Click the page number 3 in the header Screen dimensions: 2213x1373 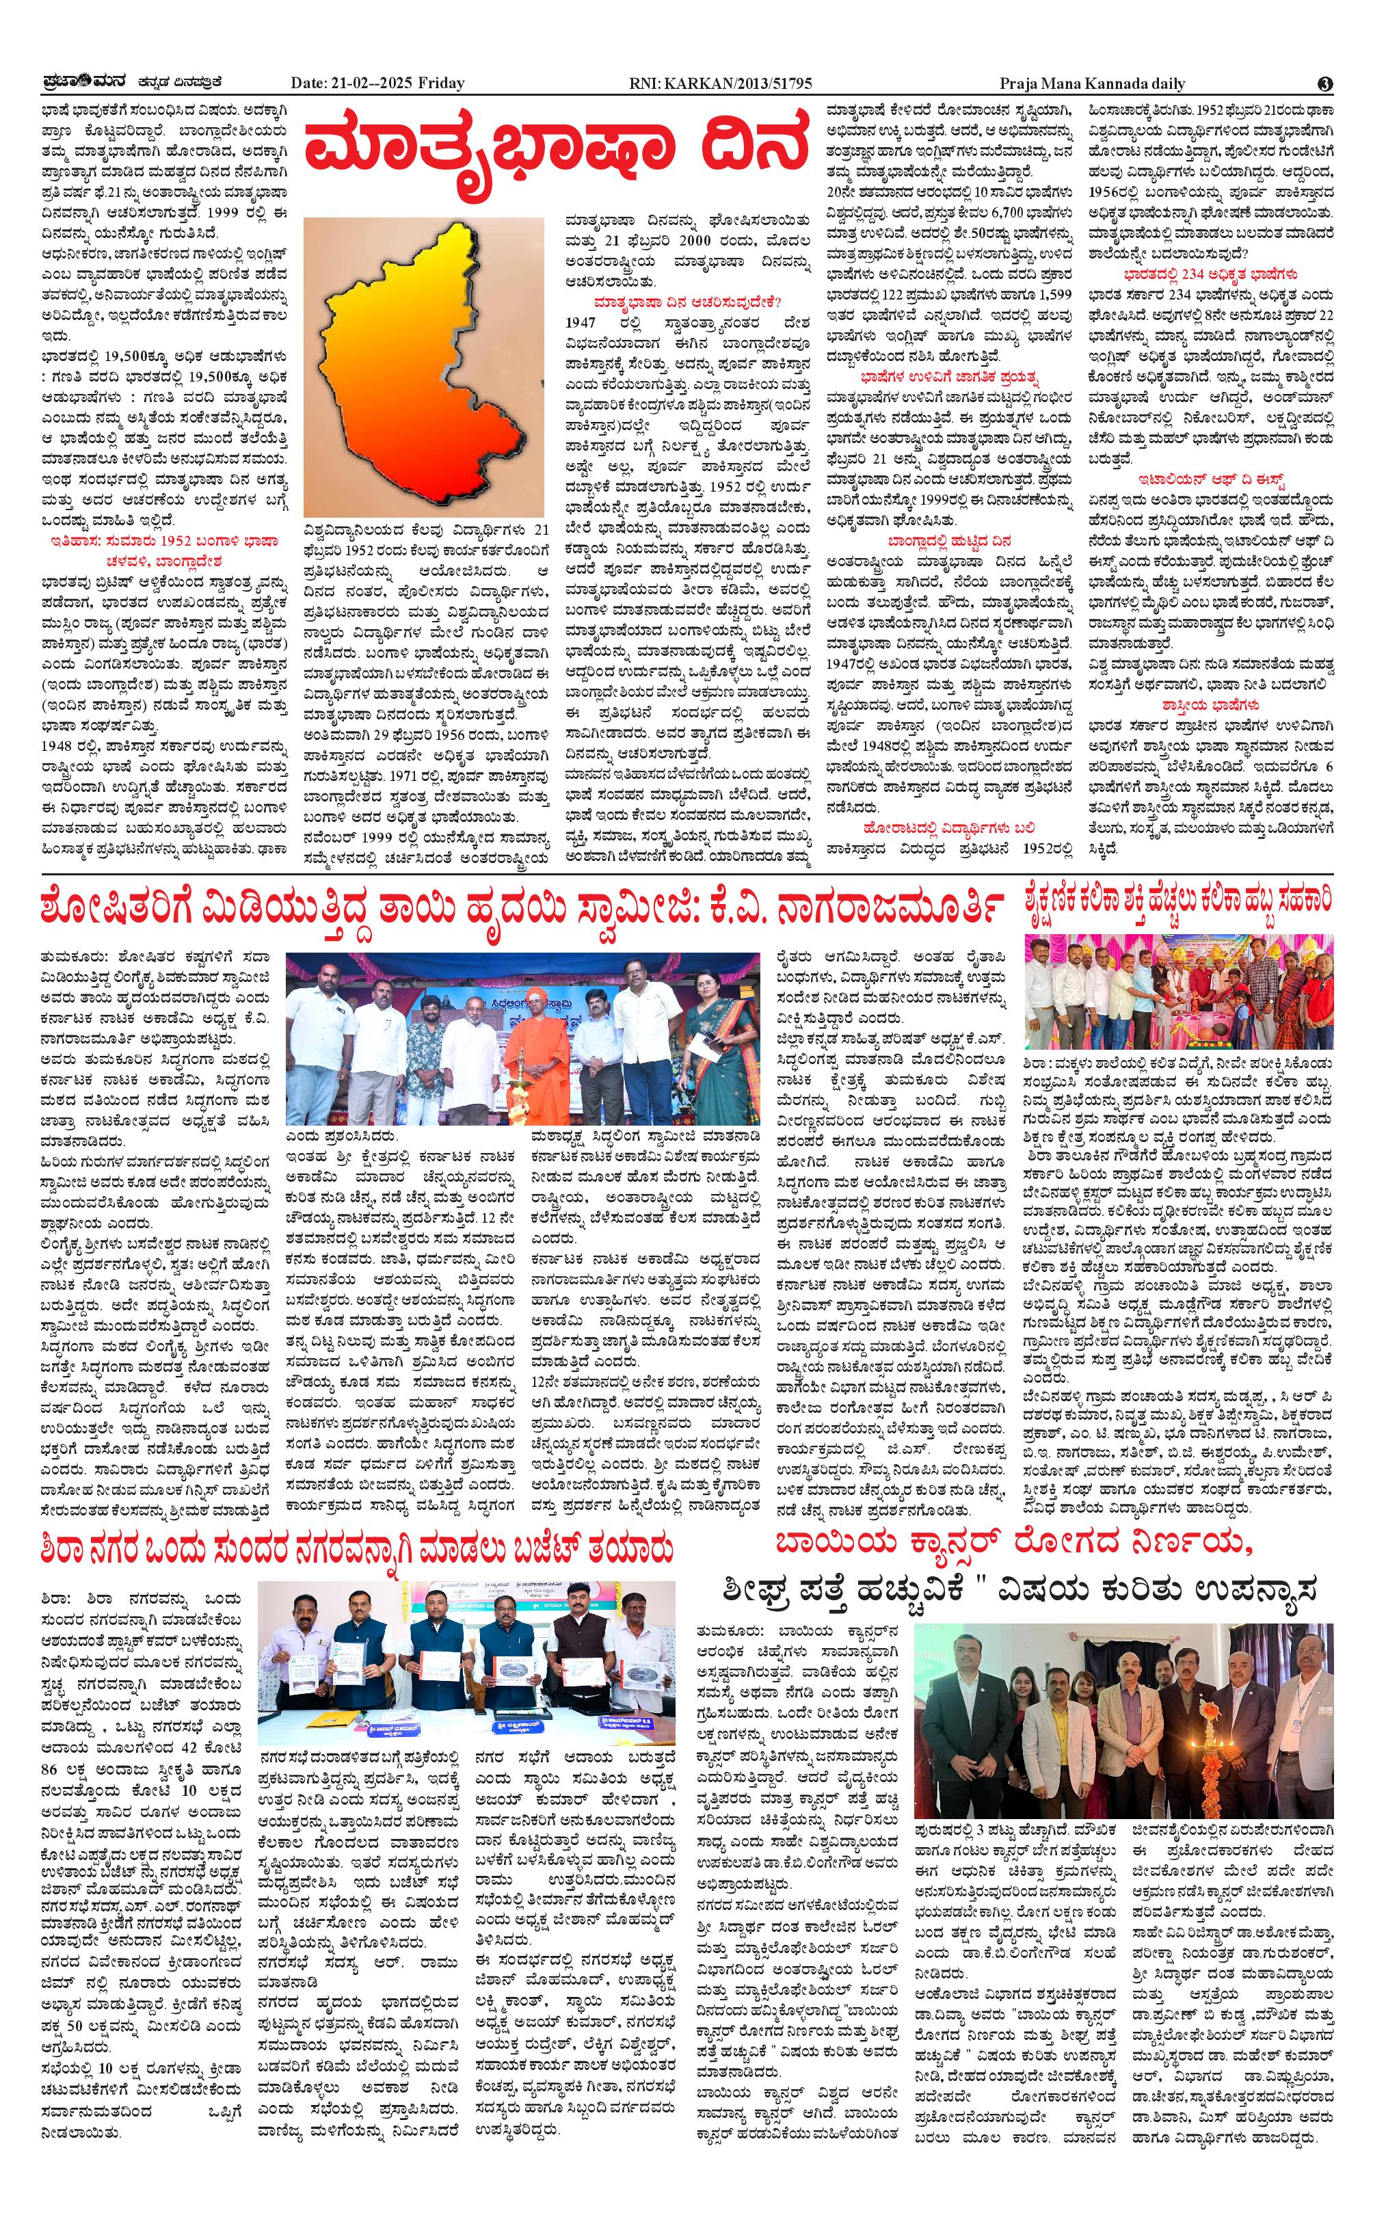tap(1325, 83)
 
